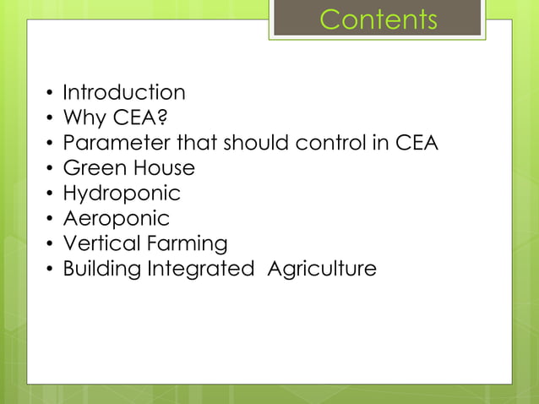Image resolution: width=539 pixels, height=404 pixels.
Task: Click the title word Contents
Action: (x=378, y=19)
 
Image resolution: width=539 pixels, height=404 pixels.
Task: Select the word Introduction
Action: (x=124, y=92)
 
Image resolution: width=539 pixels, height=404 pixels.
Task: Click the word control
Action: (x=330, y=143)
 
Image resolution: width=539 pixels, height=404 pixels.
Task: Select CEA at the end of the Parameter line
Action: (x=416, y=143)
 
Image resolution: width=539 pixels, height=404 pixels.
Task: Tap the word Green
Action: (x=93, y=168)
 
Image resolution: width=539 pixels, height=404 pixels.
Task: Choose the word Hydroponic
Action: (x=122, y=194)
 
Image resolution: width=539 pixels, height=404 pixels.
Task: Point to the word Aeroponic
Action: (x=117, y=219)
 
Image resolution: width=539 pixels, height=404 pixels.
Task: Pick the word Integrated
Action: (x=201, y=270)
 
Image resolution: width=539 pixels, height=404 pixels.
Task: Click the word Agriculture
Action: (x=322, y=270)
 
